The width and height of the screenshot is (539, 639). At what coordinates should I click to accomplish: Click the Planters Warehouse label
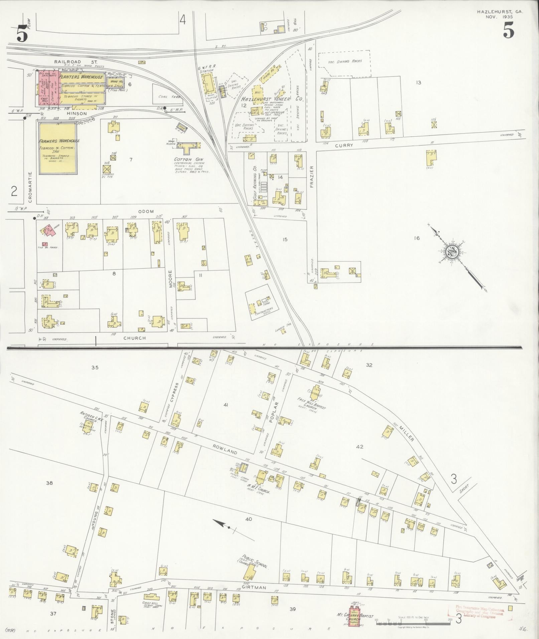pyautogui.click(x=81, y=77)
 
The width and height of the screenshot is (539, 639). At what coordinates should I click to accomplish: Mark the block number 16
pyautogui.click(x=416, y=238)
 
